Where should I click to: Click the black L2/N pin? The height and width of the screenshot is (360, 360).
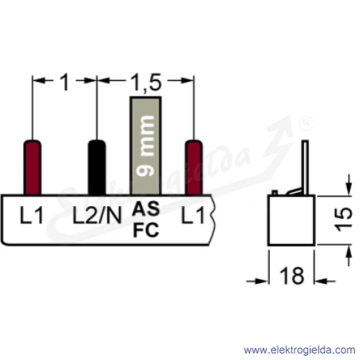96,167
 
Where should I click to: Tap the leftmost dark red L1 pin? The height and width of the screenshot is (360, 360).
32,167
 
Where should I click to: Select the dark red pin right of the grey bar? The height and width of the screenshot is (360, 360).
194,167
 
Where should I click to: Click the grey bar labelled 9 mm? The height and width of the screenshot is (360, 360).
145,146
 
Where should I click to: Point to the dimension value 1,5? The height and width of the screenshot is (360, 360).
146,82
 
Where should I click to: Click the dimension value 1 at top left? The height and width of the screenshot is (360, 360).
64,82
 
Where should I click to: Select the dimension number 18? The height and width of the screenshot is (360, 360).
291,275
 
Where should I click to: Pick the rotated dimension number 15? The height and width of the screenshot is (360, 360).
343,219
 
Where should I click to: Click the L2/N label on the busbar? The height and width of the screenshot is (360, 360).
97,216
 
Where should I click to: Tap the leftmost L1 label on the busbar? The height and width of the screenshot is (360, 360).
31,216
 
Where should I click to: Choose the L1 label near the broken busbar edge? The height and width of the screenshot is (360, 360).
193,215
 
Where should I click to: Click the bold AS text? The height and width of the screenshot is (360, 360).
146,209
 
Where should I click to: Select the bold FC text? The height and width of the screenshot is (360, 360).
146,230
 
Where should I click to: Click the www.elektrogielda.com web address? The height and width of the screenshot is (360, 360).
300,350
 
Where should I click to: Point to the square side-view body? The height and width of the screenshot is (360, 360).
291,220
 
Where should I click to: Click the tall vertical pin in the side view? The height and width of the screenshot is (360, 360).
305,168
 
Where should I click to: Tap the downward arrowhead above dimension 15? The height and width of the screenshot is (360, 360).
349,189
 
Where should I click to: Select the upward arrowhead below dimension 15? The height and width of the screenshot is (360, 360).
349,251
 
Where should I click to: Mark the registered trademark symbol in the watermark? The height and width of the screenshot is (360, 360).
306,124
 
